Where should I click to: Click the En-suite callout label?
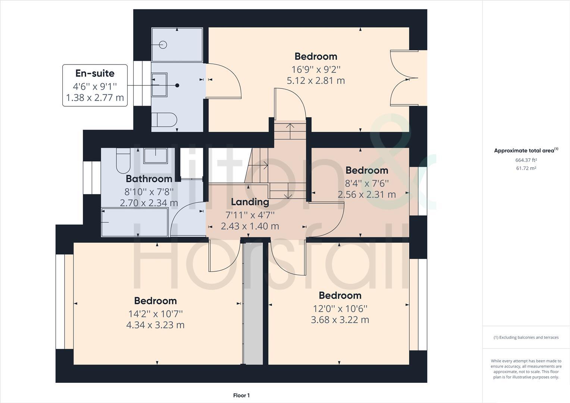95,74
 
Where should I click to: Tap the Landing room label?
250,202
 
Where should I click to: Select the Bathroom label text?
149,179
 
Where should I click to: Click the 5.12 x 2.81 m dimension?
316,81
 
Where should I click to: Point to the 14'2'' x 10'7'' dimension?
155,314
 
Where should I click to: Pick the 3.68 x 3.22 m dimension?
340,320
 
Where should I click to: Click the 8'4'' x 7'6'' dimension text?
367,183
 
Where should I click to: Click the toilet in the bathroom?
123,160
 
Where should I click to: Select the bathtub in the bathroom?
135,222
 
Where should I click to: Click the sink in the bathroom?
156,155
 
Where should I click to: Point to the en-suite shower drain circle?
163,45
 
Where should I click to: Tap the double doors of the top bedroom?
404,78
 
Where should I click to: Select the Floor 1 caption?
241,396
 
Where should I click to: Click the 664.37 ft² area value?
526,160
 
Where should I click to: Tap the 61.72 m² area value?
526,168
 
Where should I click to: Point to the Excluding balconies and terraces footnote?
526,337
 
